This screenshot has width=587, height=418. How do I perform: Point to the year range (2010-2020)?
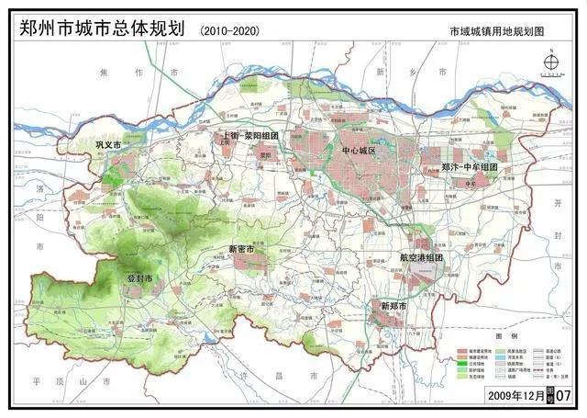pyautogui.click(x=228, y=31)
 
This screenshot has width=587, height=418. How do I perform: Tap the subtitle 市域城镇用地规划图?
pyautogui.click(x=495, y=31)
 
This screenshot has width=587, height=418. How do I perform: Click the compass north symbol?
pyautogui.click(x=551, y=62)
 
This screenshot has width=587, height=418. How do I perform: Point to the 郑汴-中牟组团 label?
pyautogui.click(x=469, y=168)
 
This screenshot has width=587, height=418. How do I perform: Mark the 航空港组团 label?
pyautogui.click(x=421, y=258)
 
